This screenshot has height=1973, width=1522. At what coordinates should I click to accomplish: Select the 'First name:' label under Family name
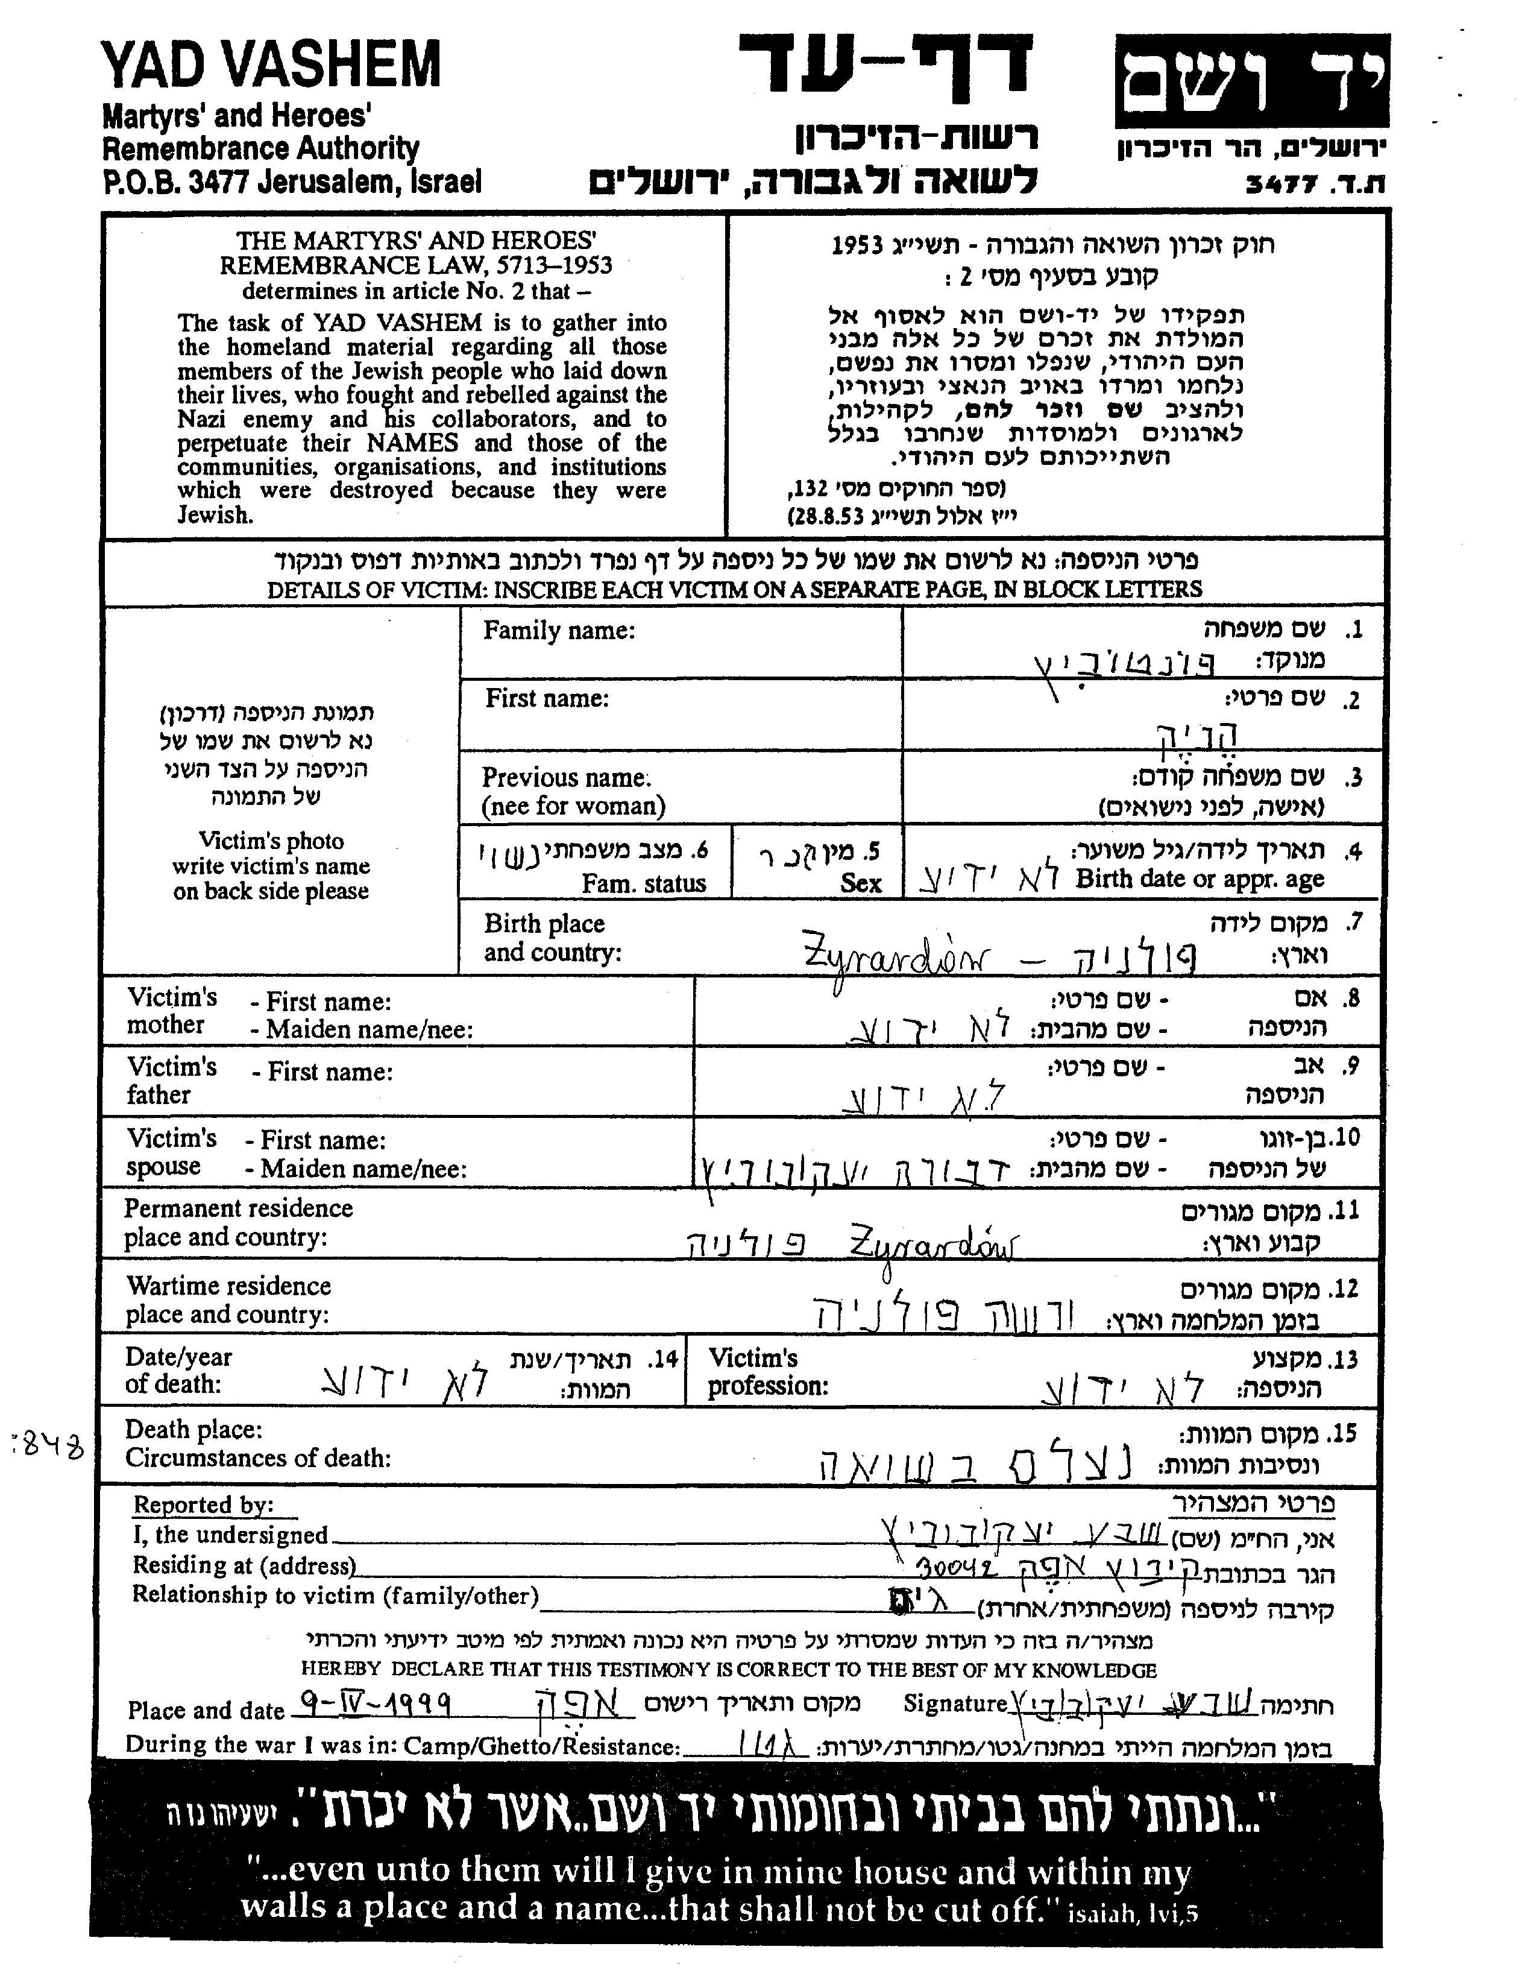pyautogui.click(x=547, y=698)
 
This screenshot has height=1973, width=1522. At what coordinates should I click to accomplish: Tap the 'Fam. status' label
pyautogui.click(x=643, y=883)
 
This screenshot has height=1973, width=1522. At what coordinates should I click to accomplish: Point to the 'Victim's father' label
pyautogui.click(x=172, y=1081)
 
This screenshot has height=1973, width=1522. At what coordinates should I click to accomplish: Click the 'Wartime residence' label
pyautogui.click(x=228, y=1286)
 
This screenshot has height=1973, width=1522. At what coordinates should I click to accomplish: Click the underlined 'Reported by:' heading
pyautogui.click(x=203, y=1505)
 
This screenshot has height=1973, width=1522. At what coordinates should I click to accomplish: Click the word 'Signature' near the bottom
pyautogui.click(x=955, y=1704)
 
